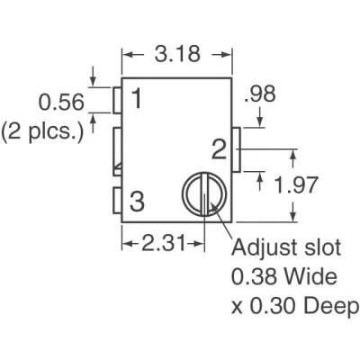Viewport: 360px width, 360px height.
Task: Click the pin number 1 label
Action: coord(135,99)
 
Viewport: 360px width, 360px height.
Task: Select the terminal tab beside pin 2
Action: coord(237,149)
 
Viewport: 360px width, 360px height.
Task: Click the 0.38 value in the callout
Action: coord(251,276)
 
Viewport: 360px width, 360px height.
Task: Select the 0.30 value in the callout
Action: coord(272,306)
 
